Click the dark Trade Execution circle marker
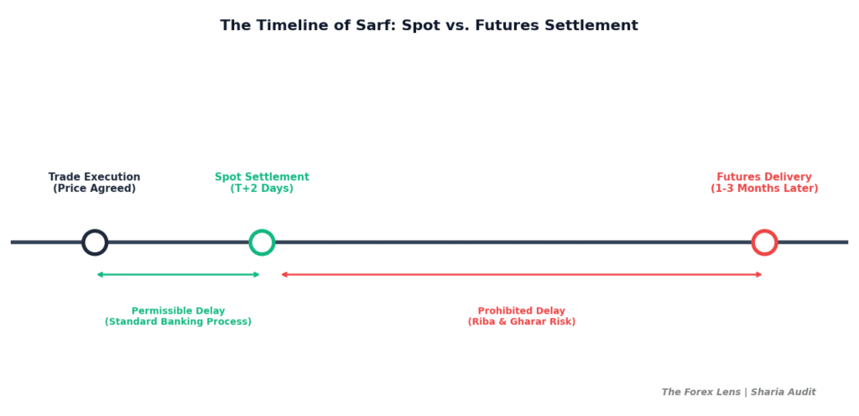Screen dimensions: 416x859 [x=95, y=242]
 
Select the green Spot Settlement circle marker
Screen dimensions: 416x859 [x=262, y=242]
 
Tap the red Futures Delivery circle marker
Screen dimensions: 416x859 [x=764, y=242]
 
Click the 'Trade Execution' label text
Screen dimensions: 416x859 [x=94, y=177]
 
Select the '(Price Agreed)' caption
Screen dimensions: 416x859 [x=94, y=189]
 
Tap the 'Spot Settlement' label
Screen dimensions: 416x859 [x=262, y=177]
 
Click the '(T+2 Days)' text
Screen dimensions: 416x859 [x=262, y=189]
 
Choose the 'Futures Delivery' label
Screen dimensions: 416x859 [x=764, y=177]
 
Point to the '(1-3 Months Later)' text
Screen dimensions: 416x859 [x=764, y=189]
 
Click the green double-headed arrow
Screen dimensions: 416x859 [x=178, y=274]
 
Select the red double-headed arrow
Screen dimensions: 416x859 [x=521, y=274]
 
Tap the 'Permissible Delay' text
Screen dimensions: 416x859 [x=178, y=311]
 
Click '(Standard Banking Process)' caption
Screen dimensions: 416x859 [x=178, y=322]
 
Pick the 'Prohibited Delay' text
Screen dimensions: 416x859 [x=521, y=311]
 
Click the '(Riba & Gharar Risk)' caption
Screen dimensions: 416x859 [x=521, y=322]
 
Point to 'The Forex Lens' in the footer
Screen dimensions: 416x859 [x=700, y=393]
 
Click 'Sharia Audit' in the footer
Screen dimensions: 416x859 [x=783, y=393]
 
